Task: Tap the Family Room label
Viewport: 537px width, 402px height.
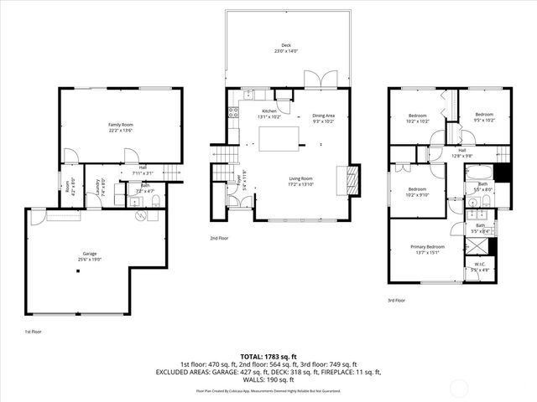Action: pos(121,126)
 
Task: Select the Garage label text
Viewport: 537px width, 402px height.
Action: pos(90,254)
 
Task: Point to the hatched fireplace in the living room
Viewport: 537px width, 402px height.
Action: pos(353,179)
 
